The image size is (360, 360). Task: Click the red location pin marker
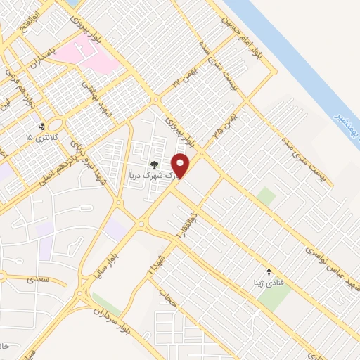(181, 166)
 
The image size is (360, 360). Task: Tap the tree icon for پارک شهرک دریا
(154, 165)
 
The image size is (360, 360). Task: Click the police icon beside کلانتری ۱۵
(42, 127)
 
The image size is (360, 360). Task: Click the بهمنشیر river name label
(345, 120)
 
